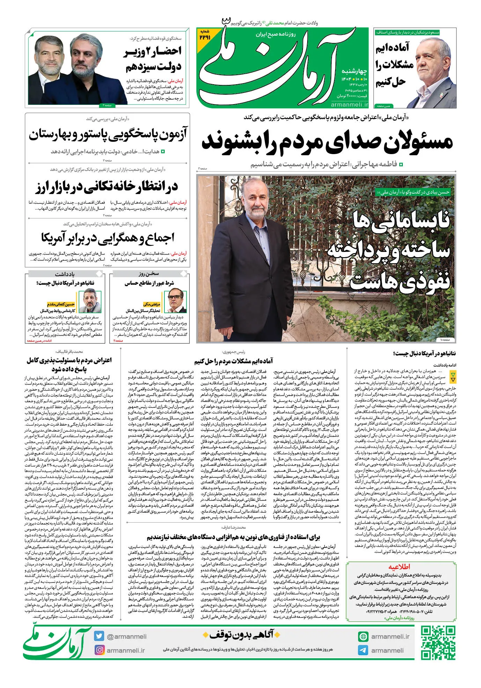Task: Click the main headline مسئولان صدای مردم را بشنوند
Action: tap(327, 142)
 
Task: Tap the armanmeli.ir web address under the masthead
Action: tap(349, 104)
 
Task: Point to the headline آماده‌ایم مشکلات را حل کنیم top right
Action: tap(394, 65)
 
